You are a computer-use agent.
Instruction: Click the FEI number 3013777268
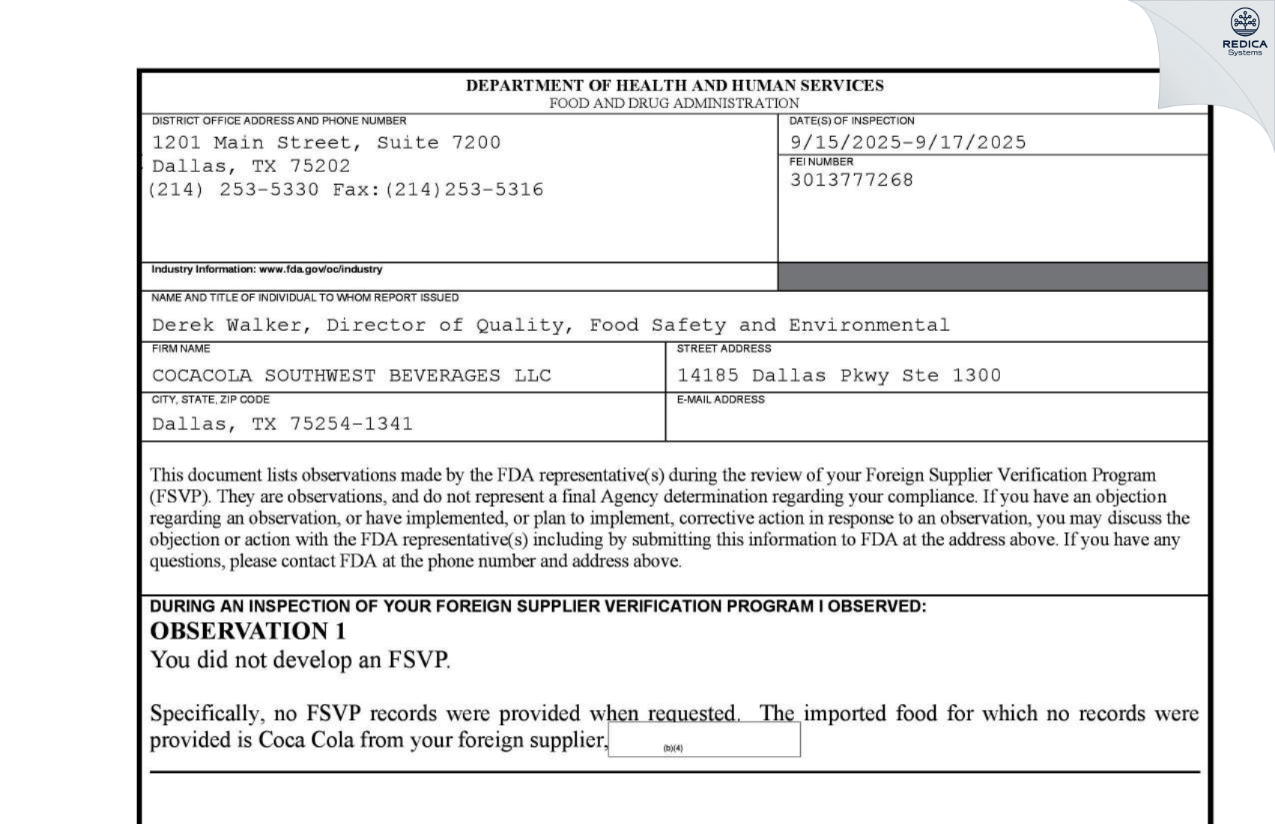(851, 180)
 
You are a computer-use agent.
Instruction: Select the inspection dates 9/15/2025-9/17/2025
(907, 142)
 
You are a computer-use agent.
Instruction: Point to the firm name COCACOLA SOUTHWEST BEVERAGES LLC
(351, 375)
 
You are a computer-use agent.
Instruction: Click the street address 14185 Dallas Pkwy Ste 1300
(838, 375)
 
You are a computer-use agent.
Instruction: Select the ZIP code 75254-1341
(351, 424)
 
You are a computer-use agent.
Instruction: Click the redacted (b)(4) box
(703, 740)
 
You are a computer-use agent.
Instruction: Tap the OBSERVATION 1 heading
(248, 631)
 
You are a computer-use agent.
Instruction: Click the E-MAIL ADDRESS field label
(720, 400)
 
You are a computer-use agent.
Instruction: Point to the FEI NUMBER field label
(821, 162)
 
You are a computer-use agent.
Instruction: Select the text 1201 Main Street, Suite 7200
(326, 142)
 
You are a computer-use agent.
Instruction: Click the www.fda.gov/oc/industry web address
(321, 269)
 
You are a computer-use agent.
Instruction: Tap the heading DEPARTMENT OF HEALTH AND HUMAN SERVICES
(674, 85)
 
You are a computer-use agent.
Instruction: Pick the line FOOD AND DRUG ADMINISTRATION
(674, 103)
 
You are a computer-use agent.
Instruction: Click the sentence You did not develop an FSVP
(300, 660)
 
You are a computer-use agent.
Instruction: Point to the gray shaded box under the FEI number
(993, 276)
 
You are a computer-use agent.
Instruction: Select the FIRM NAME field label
(181, 349)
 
